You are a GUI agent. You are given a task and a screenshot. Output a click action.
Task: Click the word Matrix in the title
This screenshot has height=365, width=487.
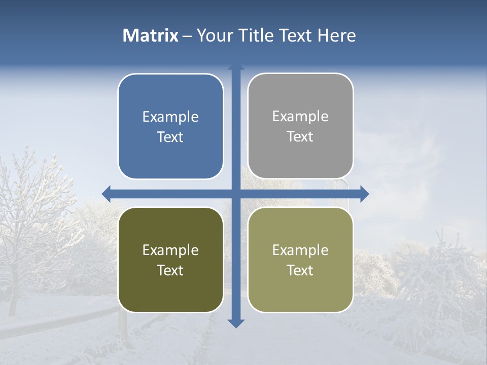click(x=150, y=35)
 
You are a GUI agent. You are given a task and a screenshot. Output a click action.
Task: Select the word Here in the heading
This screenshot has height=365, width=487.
click(x=336, y=35)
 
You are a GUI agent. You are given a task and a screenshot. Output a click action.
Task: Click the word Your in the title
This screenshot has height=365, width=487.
click(x=214, y=35)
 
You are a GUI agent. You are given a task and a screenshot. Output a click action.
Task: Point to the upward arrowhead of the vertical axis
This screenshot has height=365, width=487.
click(x=236, y=67)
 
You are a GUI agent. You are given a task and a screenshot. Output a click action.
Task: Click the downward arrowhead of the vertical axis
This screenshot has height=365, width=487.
click(x=236, y=323)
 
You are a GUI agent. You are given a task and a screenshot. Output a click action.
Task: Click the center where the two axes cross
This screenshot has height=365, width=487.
click(x=236, y=194)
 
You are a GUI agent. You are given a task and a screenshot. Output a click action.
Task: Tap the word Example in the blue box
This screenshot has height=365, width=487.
click(x=170, y=117)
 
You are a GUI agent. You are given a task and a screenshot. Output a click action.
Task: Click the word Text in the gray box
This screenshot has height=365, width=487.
click(x=300, y=137)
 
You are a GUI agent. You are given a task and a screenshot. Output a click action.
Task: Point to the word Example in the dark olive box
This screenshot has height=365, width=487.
click(x=170, y=250)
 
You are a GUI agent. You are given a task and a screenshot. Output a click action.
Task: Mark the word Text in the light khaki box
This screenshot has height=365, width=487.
click(x=300, y=271)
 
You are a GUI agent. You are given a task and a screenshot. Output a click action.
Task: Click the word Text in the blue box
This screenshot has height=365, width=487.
click(x=170, y=137)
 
